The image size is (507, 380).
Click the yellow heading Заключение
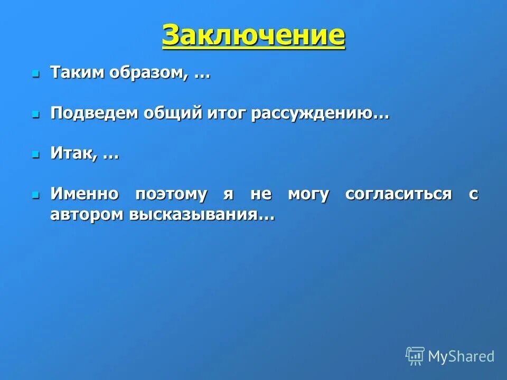[x=253, y=35]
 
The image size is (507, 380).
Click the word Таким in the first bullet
[x=78, y=73]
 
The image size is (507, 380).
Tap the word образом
[x=148, y=73]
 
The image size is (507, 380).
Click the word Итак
[x=73, y=153]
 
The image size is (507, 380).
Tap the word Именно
[x=84, y=194]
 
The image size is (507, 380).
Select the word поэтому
[x=171, y=194]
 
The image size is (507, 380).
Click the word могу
[x=308, y=194]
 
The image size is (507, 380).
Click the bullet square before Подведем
[x=36, y=113]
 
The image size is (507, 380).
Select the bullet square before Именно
[x=36, y=194]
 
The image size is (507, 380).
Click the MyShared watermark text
[x=461, y=356]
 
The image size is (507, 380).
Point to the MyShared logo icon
[x=415, y=356]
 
